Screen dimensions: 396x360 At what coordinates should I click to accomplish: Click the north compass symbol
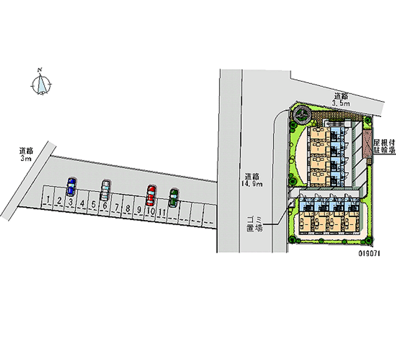pos(42,83)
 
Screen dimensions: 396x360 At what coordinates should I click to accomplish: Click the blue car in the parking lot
pos(71,187)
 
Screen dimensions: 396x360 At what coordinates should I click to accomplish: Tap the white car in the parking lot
pos(105,190)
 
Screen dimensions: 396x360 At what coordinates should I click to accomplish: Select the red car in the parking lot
pos(151,195)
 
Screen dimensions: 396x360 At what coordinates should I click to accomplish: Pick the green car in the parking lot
pos(173,198)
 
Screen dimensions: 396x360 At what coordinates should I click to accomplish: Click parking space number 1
pos(48,200)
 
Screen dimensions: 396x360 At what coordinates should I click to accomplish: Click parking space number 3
pos(71,202)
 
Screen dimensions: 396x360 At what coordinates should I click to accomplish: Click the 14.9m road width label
pos(253,180)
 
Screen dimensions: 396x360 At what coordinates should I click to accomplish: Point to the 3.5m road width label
pos(341,100)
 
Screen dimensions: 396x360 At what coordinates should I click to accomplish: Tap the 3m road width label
pos(26,154)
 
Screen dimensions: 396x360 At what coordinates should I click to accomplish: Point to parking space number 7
pos(116,207)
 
